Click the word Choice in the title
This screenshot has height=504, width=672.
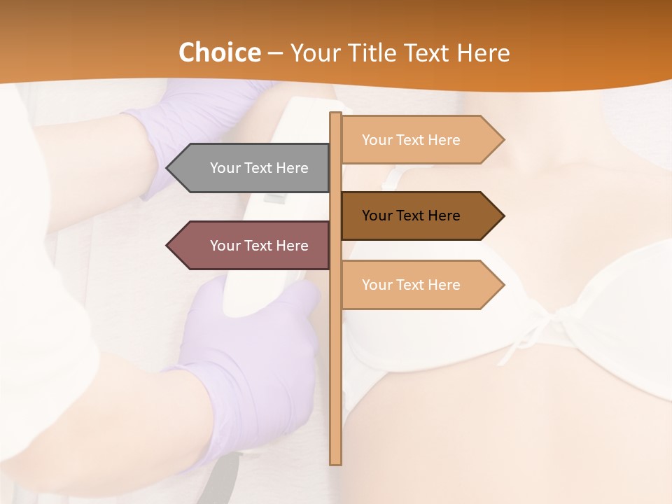point(219,52)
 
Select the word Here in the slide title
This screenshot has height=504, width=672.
point(482,52)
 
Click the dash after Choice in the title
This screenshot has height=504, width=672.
point(275,54)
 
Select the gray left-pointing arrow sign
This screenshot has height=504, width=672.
point(252,168)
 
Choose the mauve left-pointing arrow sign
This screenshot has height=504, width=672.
point(252,246)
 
